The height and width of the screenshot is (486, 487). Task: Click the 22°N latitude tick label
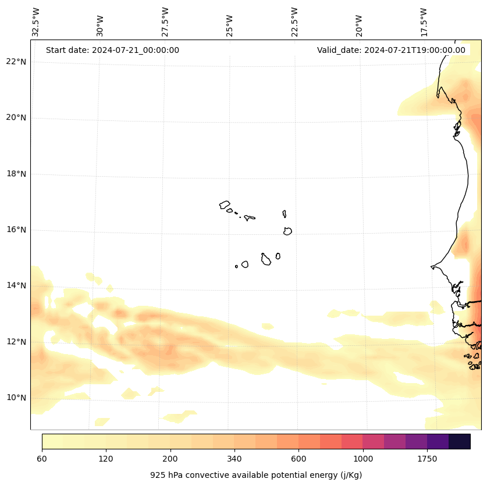(16, 62)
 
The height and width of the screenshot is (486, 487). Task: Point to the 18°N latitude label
(16, 174)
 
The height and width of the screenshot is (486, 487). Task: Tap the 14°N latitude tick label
(16, 285)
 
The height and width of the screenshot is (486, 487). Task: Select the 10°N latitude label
(16, 398)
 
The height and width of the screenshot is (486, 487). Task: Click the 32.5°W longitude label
(36, 22)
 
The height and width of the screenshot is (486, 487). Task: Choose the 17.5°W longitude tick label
(424, 22)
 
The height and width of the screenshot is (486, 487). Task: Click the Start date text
(112, 50)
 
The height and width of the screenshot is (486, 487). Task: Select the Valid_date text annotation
(391, 50)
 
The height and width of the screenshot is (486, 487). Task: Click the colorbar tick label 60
(41, 459)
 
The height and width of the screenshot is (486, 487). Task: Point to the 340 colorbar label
(234, 459)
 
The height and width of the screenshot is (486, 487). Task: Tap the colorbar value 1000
(362, 459)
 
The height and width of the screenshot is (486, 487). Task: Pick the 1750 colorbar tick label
(427, 459)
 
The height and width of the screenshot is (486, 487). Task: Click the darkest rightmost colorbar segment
(459, 441)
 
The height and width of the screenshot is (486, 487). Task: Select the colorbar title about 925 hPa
(256, 475)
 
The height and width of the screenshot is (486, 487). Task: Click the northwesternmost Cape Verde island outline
(225, 205)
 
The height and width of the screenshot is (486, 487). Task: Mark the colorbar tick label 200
(170, 459)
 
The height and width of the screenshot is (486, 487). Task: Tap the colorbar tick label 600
(298, 459)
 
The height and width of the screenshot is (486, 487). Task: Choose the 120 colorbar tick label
(105, 459)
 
